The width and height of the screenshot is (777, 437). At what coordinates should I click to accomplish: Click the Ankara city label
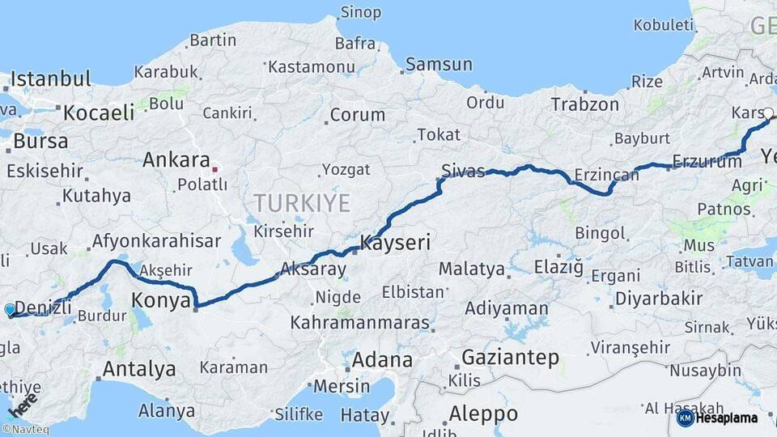pyautogui.click(x=176, y=160)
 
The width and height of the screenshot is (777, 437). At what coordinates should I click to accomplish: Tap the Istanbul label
pyautogui.click(x=50, y=79)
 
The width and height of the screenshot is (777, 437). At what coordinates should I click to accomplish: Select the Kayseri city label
pyautogui.click(x=396, y=242)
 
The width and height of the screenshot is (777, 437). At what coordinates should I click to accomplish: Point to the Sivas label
pyautogui.click(x=463, y=171)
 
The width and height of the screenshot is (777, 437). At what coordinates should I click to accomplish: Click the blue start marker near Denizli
pyautogui.click(x=10, y=309)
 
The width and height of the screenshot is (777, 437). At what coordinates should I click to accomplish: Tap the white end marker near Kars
pyautogui.click(x=768, y=114)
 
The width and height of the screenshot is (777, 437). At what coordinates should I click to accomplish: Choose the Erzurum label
pyautogui.click(x=707, y=162)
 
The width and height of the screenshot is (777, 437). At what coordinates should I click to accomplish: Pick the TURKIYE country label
pyautogui.click(x=301, y=203)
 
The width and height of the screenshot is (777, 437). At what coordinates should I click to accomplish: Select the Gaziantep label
pyautogui.click(x=510, y=357)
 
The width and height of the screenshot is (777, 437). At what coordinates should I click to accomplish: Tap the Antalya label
pyautogui.click(x=139, y=370)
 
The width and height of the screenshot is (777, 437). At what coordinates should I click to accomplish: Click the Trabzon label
pyautogui.click(x=584, y=104)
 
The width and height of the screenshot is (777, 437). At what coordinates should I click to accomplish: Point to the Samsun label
pyautogui.click(x=439, y=64)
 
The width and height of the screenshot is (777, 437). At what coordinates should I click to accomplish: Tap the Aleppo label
pyautogui.click(x=483, y=414)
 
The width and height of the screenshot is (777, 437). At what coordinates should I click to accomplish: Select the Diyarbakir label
pyautogui.click(x=659, y=298)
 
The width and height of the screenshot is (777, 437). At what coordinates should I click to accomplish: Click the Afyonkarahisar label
pyautogui.click(x=156, y=240)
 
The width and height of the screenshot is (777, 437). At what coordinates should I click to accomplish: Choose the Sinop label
pyautogui.click(x=360, y=11)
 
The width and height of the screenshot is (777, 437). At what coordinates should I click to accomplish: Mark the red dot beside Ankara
pyautogui.click(x=214, y=169)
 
